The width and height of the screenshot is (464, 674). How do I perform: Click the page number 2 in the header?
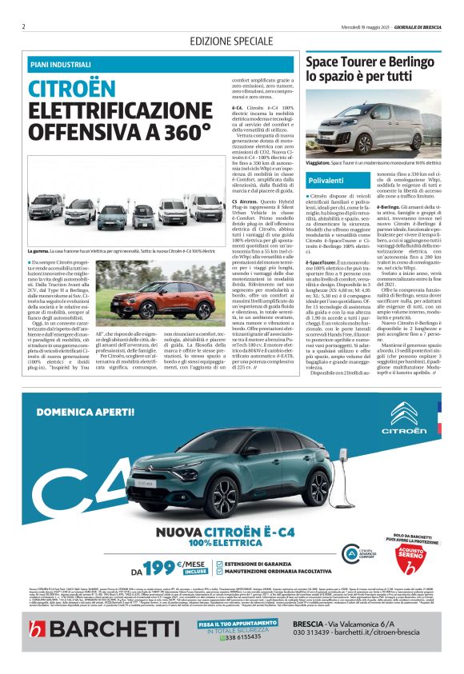click(23, 26)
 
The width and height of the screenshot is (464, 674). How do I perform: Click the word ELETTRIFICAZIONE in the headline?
click(109, 110)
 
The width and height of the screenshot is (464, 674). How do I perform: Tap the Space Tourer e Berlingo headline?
click(367, 69)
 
